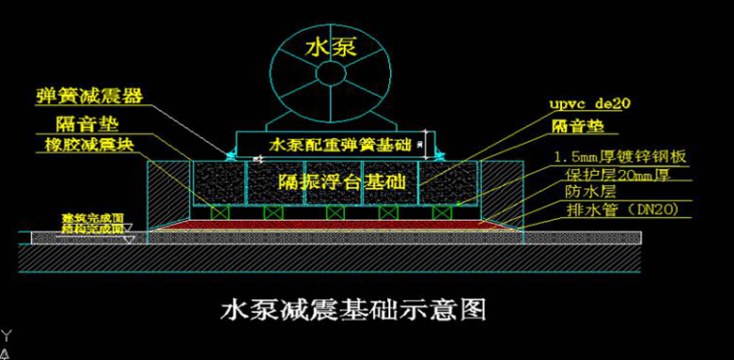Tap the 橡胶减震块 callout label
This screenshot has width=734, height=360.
pyautogui.click(x=91, y=145)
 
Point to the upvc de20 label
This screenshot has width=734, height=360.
pyautogui.click(x=592, y=102)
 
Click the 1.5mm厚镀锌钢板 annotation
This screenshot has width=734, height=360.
pyautogui.click(x=619, y=155)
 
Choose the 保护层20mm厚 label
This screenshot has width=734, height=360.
pyautogui.click(x=618, y=174)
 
